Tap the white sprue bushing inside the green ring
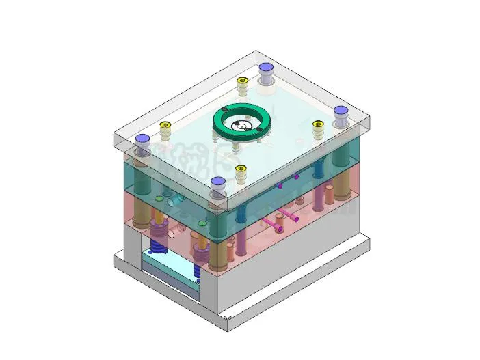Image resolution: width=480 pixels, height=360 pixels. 242,126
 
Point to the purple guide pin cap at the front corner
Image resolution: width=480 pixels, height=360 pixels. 218,182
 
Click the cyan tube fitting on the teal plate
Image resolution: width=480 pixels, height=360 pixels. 177,199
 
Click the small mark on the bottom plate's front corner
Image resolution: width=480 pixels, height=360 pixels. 228,318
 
